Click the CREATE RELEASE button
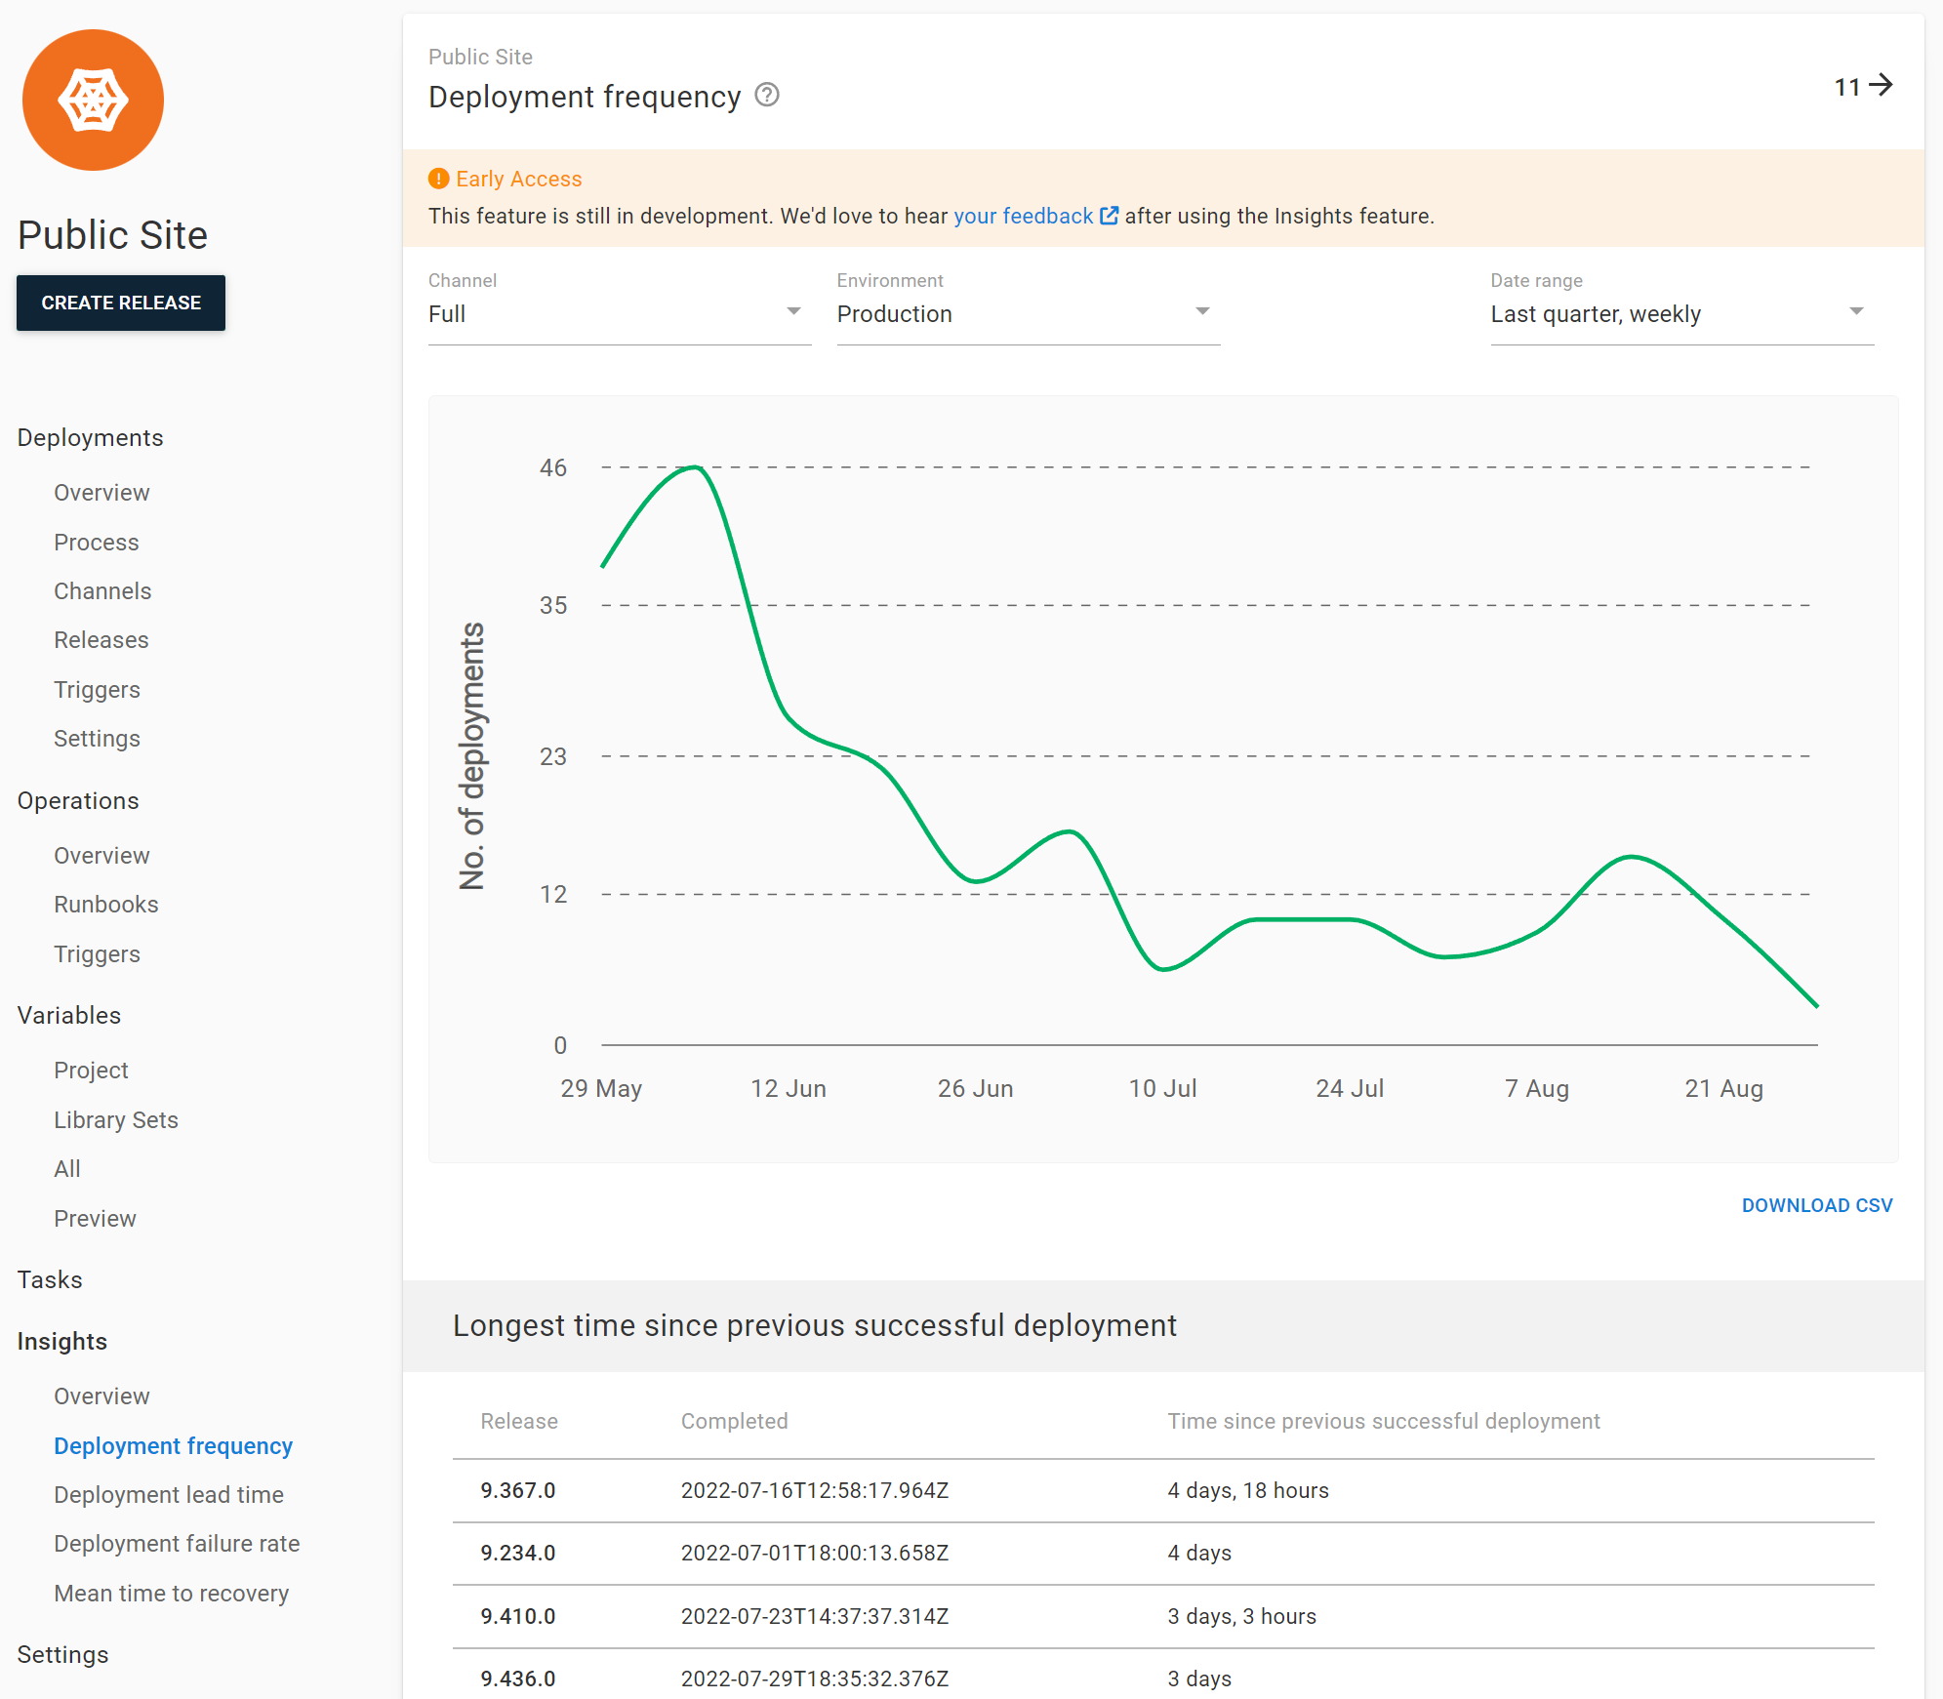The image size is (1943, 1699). point(121,303)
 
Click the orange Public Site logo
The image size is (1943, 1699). point(94,101)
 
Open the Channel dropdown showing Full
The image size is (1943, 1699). point(619,313)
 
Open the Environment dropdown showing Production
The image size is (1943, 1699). point(1028,313)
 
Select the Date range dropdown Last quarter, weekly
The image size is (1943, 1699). point(1680,313)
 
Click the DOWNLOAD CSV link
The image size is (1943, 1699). point(1816,1205)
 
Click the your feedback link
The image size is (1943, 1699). point(1023,216)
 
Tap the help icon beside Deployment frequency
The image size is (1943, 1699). point(767,95)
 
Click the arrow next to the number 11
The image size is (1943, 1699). point(1881,86)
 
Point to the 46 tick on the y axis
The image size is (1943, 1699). point(553,467)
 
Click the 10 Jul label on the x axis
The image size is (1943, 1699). point(1162,1088)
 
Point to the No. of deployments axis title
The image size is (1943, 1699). point(472,756)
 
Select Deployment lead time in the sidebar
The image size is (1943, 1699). point(169,1494)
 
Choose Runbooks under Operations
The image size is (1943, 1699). point(106,905)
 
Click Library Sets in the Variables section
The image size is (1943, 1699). point(116,1119)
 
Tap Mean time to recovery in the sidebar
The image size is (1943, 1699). point(172,1593)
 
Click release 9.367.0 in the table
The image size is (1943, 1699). point(518,1490)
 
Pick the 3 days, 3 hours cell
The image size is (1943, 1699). point(1241,1616)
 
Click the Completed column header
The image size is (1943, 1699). point(734,1421)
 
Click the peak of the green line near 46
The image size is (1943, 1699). point(695,467)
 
